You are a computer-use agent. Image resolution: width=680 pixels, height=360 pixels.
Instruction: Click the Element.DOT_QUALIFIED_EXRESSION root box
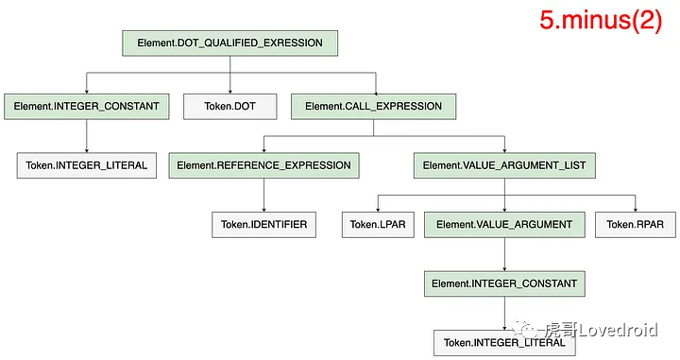229,43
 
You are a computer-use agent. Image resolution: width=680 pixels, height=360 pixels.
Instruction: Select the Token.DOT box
229,106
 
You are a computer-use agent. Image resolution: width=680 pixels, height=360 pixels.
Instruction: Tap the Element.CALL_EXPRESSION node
373,106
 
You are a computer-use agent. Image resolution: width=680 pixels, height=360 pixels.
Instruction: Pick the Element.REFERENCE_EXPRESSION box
263,165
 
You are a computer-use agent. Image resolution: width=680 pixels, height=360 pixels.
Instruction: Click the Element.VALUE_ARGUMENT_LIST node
504,165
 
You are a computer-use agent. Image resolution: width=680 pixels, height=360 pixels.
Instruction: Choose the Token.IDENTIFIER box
263,225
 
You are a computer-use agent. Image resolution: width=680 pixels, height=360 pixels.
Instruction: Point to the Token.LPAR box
378,225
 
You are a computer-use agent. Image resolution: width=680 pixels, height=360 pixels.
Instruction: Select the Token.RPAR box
636,225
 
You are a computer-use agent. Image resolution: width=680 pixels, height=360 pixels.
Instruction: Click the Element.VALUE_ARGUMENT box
504,225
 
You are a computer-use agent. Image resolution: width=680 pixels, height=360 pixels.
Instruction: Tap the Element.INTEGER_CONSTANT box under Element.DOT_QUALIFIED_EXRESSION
86,106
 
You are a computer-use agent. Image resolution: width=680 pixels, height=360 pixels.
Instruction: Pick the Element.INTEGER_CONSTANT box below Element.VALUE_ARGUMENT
504,283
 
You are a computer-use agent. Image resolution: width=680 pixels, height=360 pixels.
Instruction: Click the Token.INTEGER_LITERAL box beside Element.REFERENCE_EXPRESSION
86,165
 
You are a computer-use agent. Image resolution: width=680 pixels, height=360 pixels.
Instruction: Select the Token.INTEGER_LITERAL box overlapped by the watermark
504,343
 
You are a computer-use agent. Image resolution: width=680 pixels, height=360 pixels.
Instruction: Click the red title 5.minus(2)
601,20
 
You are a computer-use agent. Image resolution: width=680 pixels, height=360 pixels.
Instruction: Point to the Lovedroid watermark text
618,331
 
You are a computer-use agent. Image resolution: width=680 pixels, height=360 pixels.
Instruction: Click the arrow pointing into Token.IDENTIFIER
263,196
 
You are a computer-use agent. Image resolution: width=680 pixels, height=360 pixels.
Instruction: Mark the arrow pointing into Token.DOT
229,75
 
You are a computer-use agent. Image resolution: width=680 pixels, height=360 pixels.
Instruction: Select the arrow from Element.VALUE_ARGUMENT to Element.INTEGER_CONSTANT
504,254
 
